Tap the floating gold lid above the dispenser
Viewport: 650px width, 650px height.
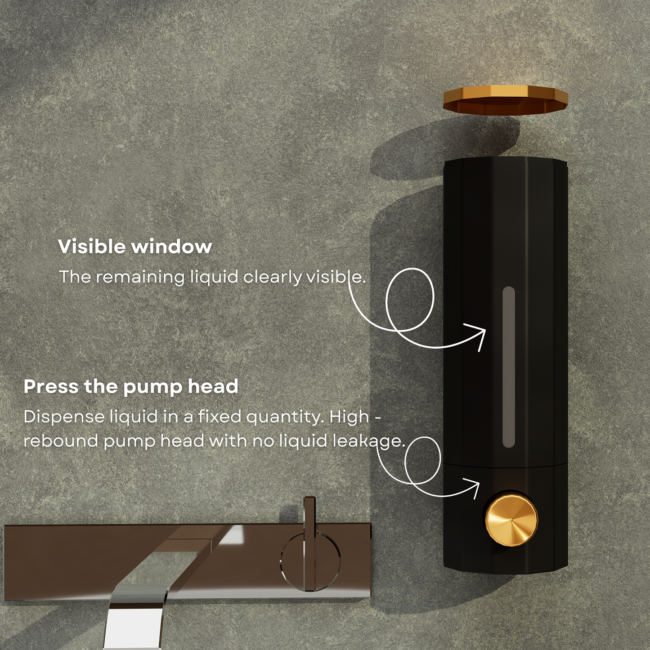click(x=505, y=98)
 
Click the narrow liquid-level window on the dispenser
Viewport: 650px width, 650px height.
click(x=509, y=367)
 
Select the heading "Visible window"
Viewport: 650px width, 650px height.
click(x=135, y=246)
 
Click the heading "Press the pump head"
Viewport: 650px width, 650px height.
click(x=131, y=386)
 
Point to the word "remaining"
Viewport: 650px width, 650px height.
click(x=140, y=277)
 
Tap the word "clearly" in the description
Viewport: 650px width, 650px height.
click(x=273, y=277)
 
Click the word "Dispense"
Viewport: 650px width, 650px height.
click(x=64, y=417)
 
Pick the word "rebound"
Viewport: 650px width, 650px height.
click(x=61, y=441)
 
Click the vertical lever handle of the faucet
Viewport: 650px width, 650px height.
click(x=309, y=543)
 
